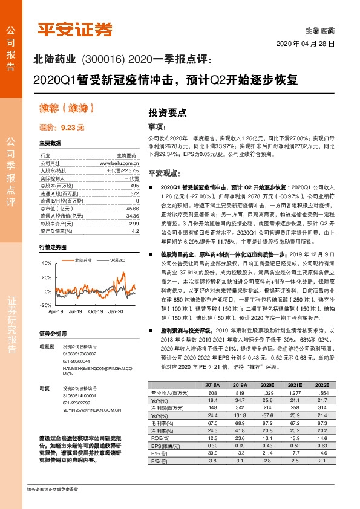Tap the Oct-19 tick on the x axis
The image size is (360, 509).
tap(96, 311)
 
